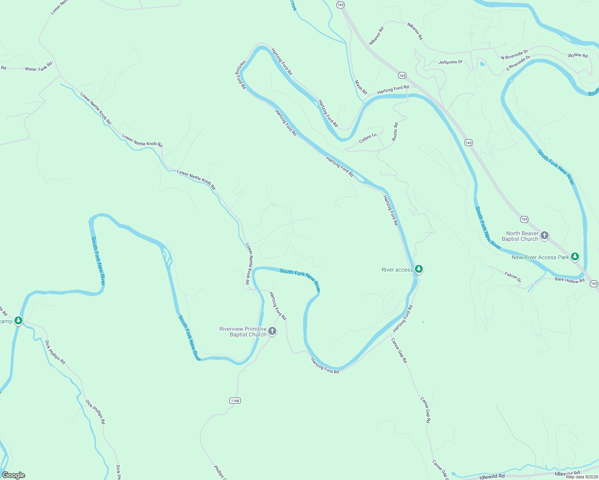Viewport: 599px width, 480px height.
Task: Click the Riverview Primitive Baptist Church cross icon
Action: (x=272, y=331)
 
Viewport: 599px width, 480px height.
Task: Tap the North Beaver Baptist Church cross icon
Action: (x=544, y=236)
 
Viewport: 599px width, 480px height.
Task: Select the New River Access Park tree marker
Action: (x=575, y=256)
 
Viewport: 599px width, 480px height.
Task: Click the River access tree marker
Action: (x=418, y=269)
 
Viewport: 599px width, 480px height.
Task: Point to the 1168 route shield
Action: (x=235, y=400)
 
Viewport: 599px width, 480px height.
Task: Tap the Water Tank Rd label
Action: (x=38, y=67)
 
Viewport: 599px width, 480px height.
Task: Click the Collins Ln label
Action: (x=368, y=138)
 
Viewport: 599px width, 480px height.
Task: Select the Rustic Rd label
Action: (x=395, y=132)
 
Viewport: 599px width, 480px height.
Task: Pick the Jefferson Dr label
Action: (x=450, y=62)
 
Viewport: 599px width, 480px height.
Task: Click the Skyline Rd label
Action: (x=578, y=55)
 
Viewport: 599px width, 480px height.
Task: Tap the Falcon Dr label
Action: (x=513, y=277)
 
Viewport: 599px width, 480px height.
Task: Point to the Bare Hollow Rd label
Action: (x=569, y=280)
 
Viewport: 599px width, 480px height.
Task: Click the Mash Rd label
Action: (x=361, y=87)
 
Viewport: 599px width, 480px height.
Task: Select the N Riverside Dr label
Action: (x=515, y=55)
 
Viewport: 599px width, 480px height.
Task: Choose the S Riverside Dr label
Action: (x=518, y=63)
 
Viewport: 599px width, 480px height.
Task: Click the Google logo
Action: (x=14, y=475)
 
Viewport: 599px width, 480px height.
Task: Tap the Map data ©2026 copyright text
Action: (x=581, y=476)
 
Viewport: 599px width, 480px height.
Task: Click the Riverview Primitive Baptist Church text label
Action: (x=243, y=332)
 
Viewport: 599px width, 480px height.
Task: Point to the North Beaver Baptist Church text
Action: (x=520, y=236)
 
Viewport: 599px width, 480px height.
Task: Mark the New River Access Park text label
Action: (x=540, y=257)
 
